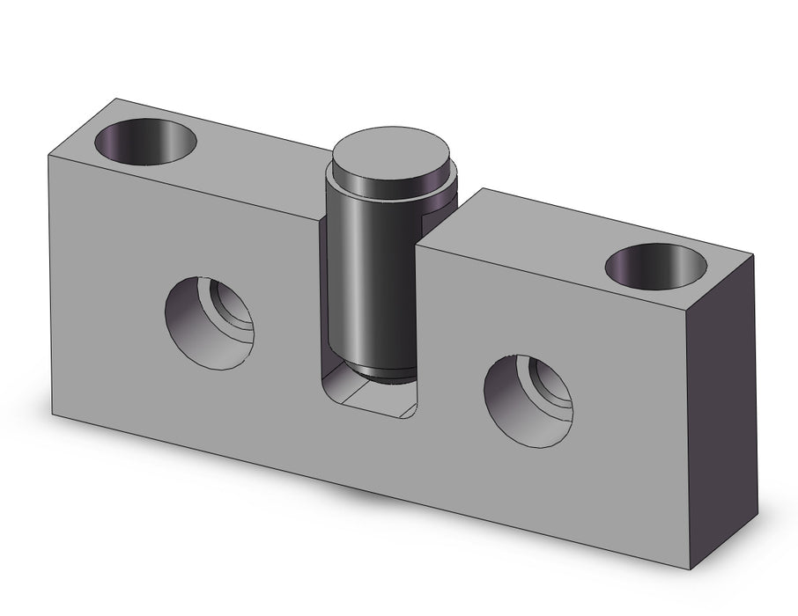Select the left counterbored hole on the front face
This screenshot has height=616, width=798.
pyautogui.click(x=210, y=321)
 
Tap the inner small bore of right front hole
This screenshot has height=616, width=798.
pyautogui.click(x=551, y=385)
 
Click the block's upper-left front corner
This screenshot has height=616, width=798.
pyautogui.click(x=48, y=156)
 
